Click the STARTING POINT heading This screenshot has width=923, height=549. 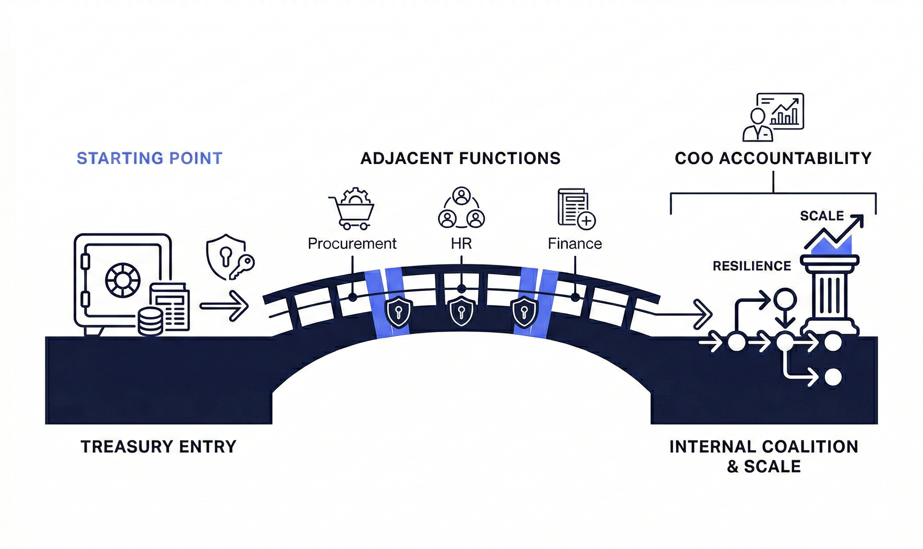149,158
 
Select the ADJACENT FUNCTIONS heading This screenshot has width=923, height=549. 460,158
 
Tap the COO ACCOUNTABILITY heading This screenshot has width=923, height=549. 773,158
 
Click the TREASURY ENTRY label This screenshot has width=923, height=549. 158,447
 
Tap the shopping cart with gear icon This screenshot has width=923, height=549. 351,209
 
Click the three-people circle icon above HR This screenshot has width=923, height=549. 461,208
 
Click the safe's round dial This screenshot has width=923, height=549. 123,280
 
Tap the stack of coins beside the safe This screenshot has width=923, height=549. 150,322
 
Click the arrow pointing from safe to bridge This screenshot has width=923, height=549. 224,306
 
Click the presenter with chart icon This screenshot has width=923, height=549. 773,117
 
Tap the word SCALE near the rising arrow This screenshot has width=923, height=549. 822,216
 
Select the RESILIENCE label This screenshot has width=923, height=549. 752,266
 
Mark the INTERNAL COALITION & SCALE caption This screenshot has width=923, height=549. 764,456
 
